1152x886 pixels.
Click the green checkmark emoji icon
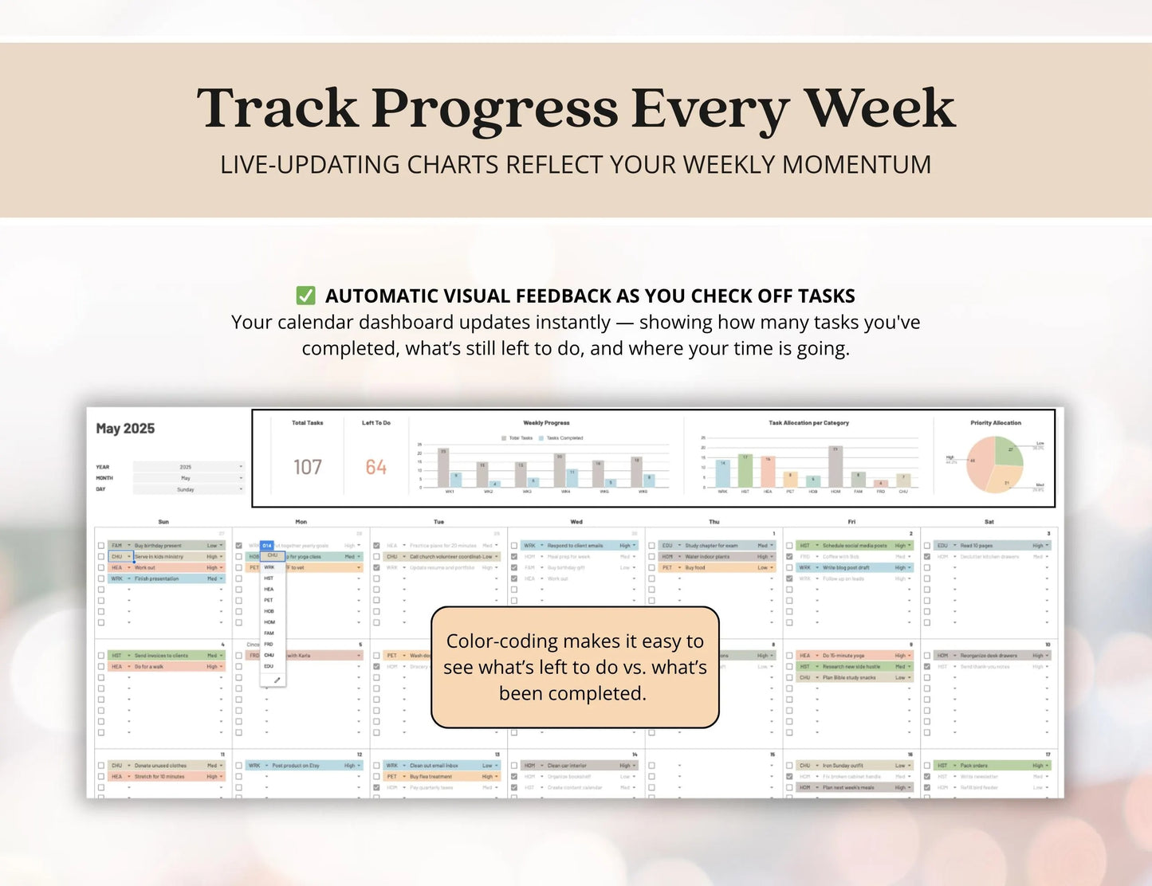coord(305,296)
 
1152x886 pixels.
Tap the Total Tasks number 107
coord(308,467)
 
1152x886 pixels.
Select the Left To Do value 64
coord(376,467)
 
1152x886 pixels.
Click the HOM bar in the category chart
coord(835,467)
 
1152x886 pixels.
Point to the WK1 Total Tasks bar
coord(443,468)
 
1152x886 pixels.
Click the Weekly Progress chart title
coord(546,423)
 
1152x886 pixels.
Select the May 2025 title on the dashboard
coord(125,429)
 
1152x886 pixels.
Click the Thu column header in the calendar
coord(714,522)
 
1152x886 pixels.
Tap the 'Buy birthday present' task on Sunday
coord(158,546)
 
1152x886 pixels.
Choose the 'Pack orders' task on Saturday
coord(974,766)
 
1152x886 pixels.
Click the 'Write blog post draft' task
coord(846,568)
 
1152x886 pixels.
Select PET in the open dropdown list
coord(269,600)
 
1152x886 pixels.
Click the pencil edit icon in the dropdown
coord(277,680)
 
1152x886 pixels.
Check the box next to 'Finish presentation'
coord(101,579)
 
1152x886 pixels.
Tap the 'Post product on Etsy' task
coord(296,766)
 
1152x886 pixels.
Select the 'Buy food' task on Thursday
coord(695,568)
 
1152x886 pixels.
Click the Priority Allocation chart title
coord(996,423)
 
